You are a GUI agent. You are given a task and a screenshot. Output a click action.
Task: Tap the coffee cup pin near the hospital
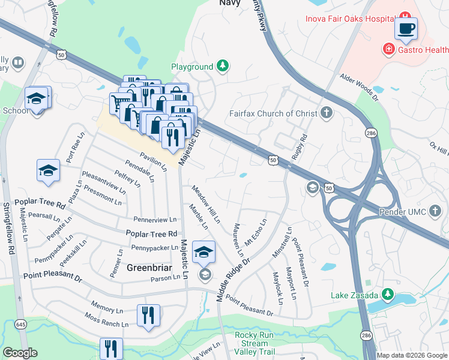406,29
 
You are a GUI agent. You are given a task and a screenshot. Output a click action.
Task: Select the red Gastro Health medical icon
389,48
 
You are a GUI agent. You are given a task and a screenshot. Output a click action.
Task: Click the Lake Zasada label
354,295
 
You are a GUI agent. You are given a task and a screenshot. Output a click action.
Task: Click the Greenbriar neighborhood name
150,268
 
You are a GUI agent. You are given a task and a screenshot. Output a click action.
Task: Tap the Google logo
20,353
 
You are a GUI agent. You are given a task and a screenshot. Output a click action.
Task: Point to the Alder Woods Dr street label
360,85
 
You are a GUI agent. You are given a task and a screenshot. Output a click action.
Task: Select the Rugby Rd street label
299,143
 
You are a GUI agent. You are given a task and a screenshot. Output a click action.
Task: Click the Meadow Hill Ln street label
205,204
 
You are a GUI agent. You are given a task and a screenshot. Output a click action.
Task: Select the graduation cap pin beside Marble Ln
203,253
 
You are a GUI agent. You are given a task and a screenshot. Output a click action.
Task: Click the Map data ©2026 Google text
412,355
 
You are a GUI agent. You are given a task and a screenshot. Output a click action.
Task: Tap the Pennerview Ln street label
155,220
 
